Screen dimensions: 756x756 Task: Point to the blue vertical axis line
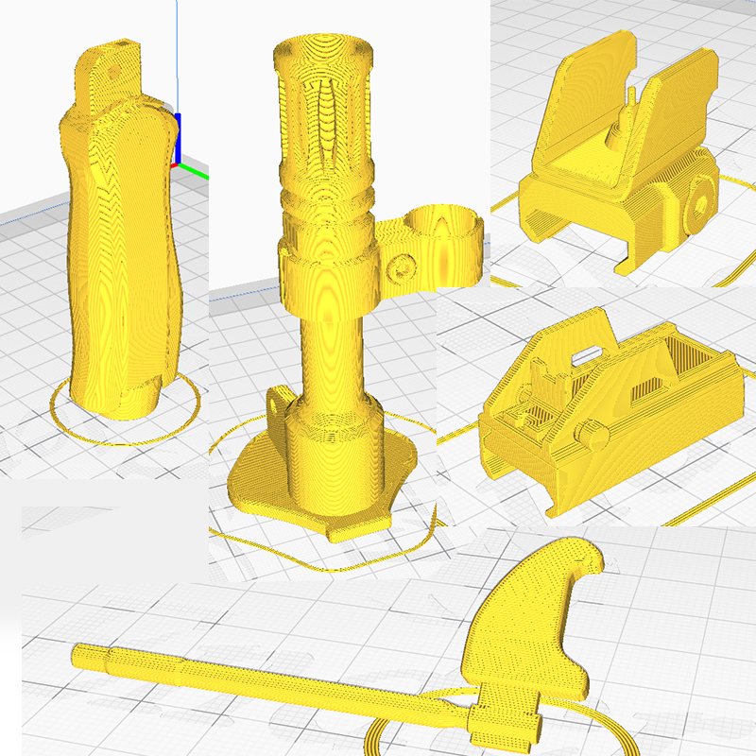(177, 57)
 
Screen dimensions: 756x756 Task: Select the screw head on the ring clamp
(401, 267)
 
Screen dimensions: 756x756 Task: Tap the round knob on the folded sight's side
(592, 436)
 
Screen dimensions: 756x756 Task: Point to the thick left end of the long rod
(91, 655)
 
